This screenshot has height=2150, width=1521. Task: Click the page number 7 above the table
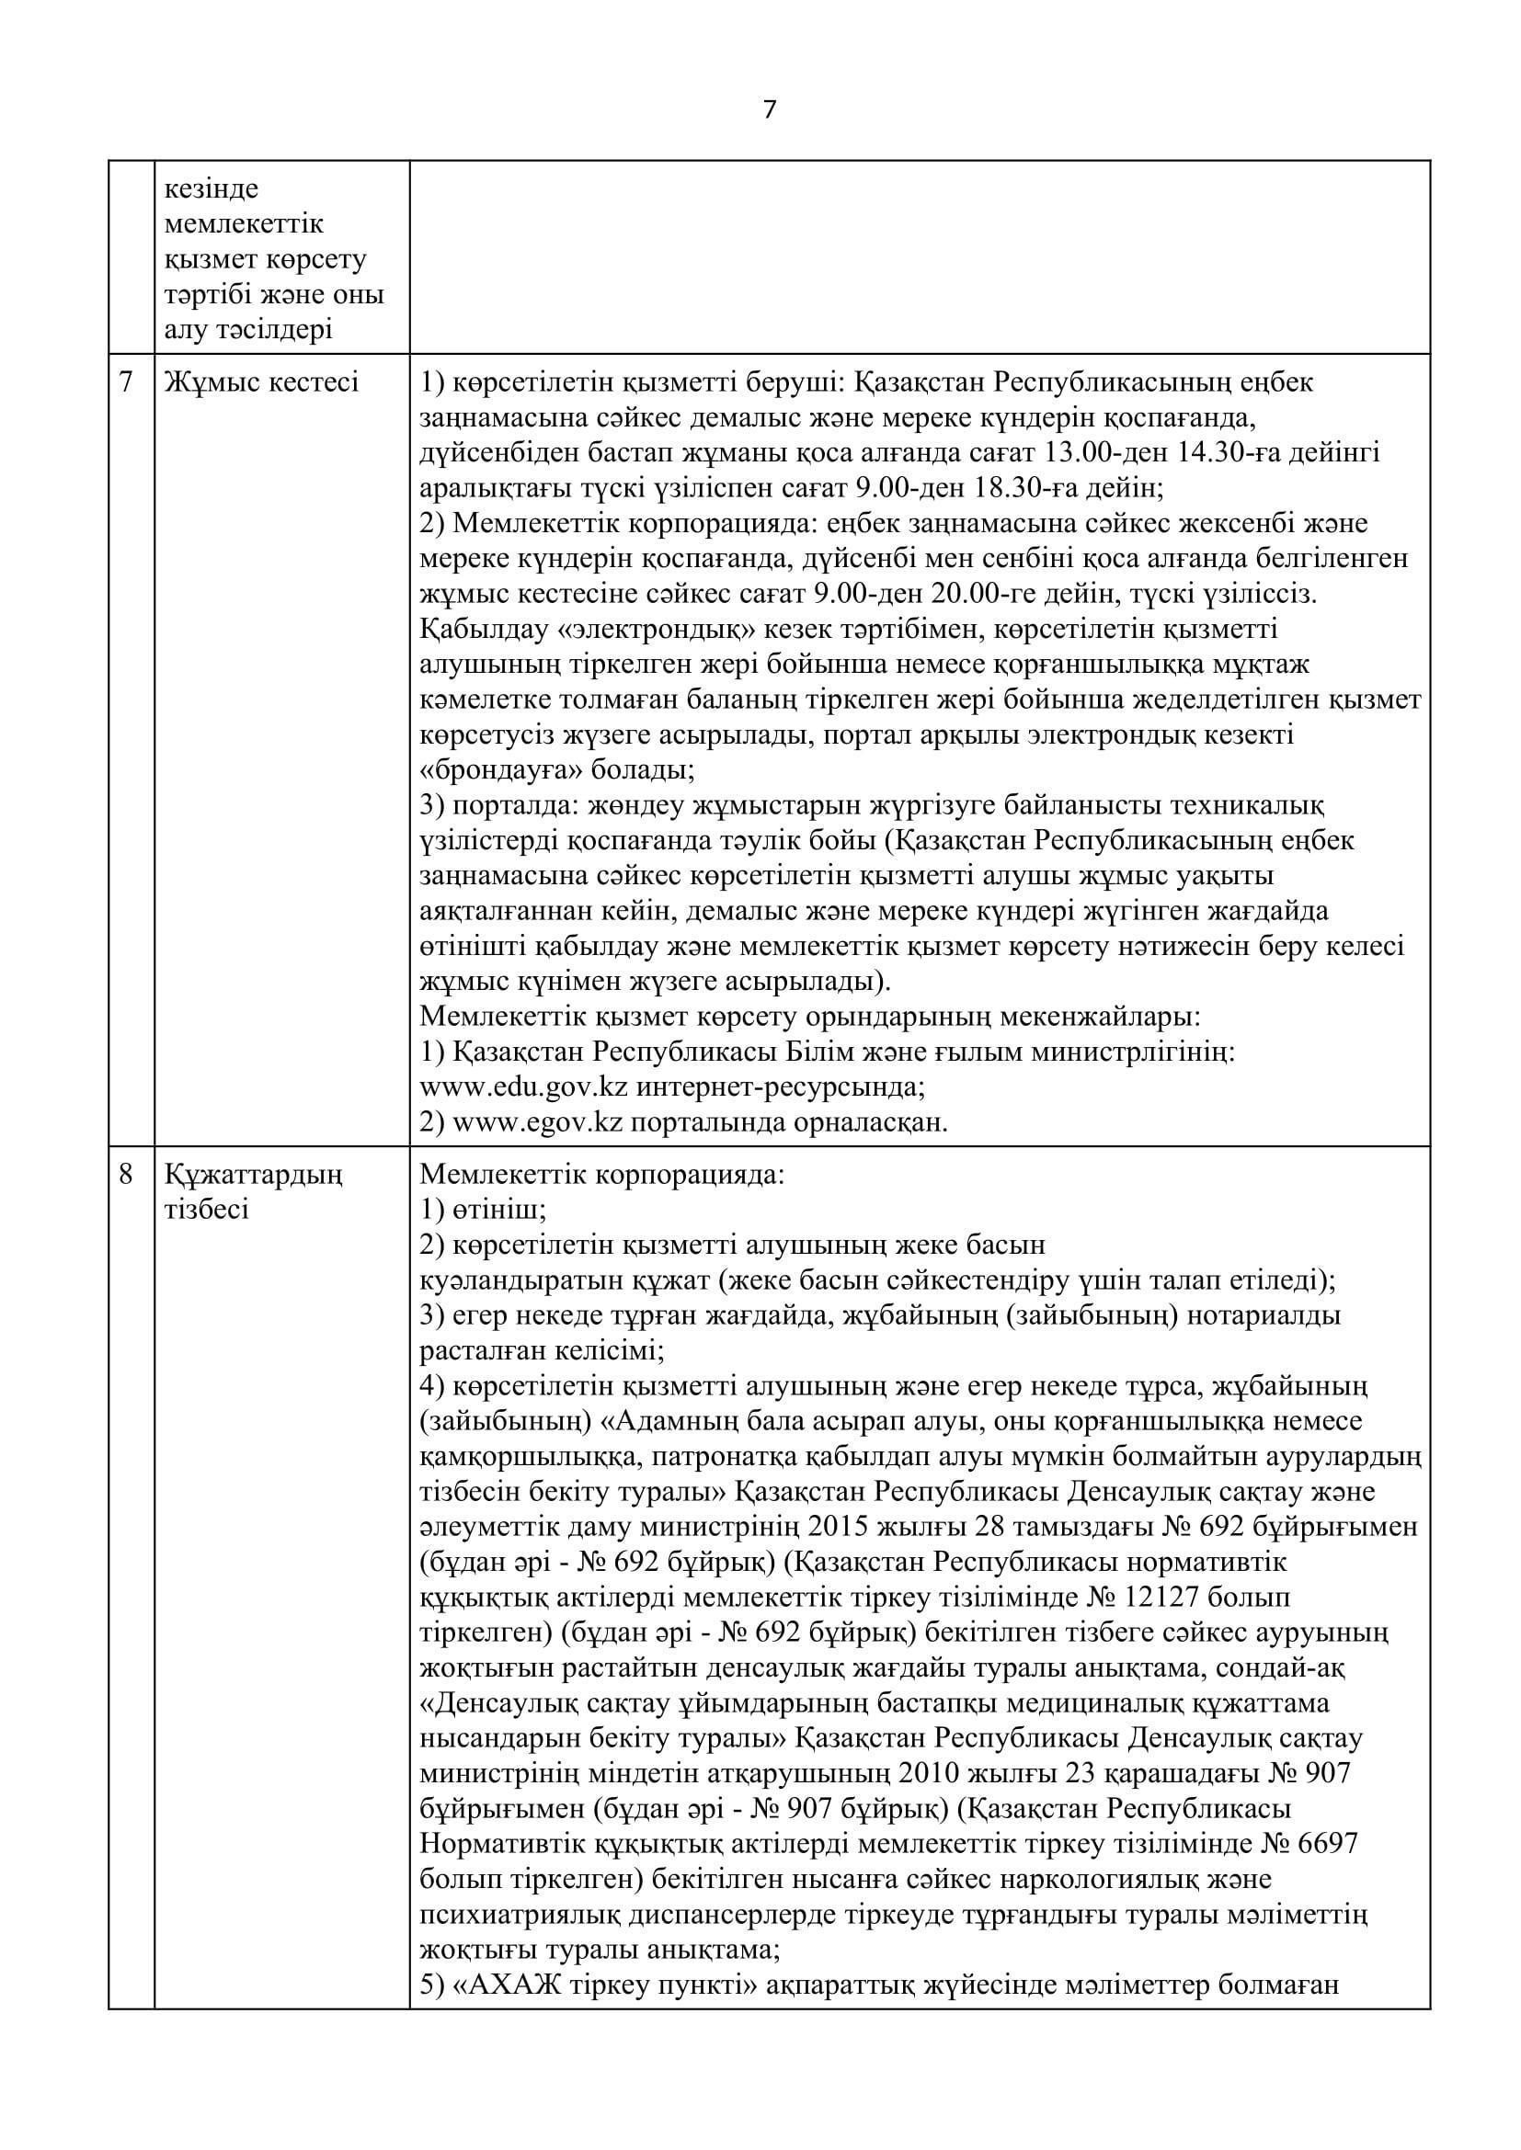coord(769,110)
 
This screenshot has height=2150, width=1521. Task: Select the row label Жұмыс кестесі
coord(261,383)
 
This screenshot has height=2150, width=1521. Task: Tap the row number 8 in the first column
coord(126,1173)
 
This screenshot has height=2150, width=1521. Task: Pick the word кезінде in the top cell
coord(212,190)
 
